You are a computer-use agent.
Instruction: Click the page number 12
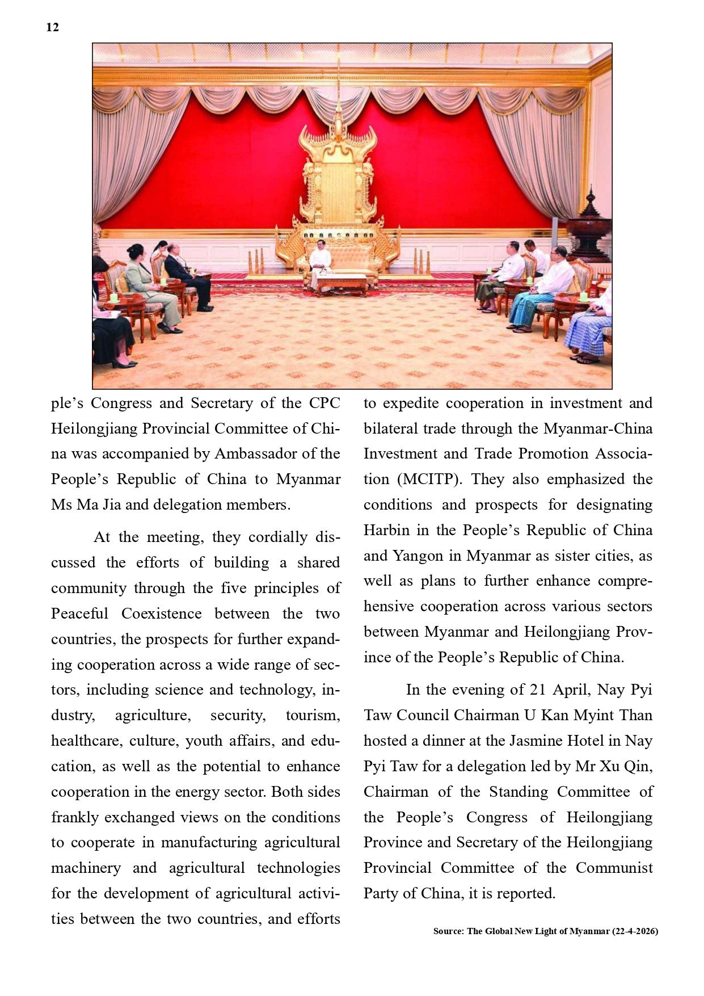[x=52, y=27]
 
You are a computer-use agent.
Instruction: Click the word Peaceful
[x=79, y=613]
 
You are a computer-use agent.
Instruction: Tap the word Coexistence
[x=161, y=613]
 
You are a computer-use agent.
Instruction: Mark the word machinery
[x=86, y=868]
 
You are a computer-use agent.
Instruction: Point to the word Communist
[x=614, y=868]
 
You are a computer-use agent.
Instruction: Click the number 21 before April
[x=537, y=690]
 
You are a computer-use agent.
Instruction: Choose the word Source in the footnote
[x=448, y=931]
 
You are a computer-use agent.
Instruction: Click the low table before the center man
[x=341, y=282]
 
